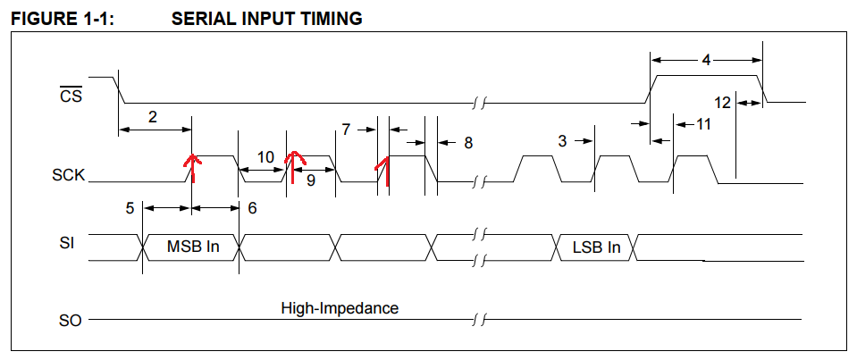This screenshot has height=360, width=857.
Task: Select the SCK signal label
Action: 69,175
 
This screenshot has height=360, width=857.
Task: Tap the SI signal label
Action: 66,242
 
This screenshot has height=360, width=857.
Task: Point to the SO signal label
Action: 70,319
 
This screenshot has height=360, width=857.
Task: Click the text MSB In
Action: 193,247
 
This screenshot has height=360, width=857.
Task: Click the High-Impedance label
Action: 340,308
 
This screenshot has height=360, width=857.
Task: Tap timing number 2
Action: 153,116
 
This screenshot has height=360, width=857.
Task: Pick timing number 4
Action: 706,61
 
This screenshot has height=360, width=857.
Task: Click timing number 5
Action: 130,208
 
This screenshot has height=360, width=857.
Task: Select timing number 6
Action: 252,208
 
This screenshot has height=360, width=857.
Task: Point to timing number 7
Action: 346,130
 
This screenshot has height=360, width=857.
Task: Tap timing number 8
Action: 468,142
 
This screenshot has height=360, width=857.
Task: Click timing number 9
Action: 310,178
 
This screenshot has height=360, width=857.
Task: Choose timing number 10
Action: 265,156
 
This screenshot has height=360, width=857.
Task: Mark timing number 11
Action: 703,124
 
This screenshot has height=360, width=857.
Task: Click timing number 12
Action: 723,103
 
